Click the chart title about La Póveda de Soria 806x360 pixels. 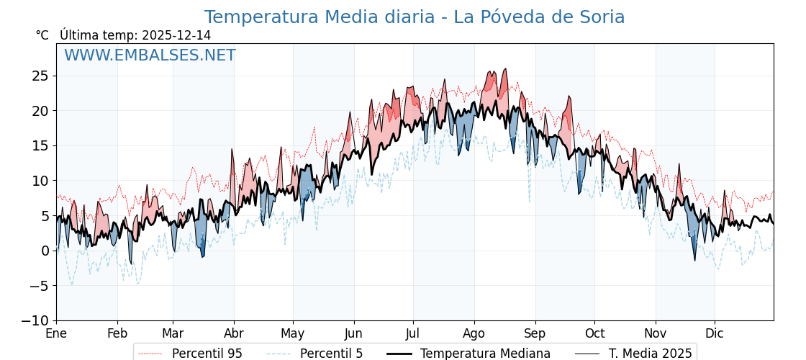pyautogui.click(x=415, y=17)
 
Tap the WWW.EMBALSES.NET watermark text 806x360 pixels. pyautogui.click(x=150, y=55)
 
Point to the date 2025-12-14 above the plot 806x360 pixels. pyautogui.click(x=176, y=35)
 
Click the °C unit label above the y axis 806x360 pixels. pyautogui.click(x=42, y=35)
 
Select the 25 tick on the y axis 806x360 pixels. pyautogui.click(x=40, y=76)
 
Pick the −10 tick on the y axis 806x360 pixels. pyautogui.click(x=35, y=320)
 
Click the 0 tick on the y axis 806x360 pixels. pyautogui.click(x=45, y=251)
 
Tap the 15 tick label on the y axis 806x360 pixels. pyautogui.click(x=40, y=145)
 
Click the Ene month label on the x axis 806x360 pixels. pyautogui.click(x=56, y=334)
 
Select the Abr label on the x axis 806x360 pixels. pyautogui.click(x=234, y=334)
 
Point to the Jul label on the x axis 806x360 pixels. pyautogui.click(x=413, y=334)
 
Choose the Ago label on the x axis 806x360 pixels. pyautogui.click(x=474, y=334)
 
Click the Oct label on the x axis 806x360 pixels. pyautogui.click(x=594, y=334)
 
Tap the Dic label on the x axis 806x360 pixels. pyautogui.click(x=715, y=334)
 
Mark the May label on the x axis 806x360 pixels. pyautogui.click(x=293, y=334)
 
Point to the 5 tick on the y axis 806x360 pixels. pyautogui.click(x=45, y=215)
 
